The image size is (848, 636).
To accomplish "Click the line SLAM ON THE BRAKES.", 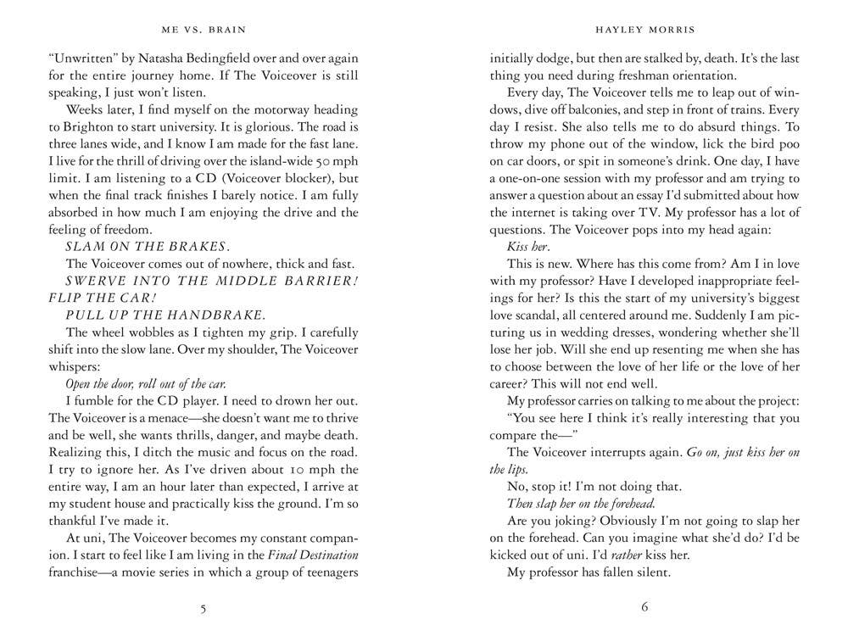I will coord(147,246).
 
